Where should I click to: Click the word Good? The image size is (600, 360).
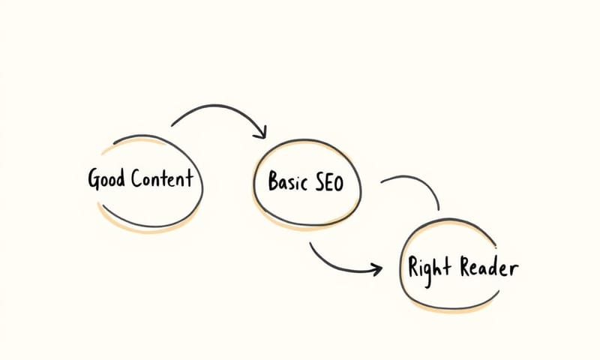point(106,179)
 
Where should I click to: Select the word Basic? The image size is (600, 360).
point(287,182)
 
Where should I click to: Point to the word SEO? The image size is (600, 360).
point(329,182)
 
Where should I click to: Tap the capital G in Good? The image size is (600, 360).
point(94,180)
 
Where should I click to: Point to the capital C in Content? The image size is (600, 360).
point(137,179)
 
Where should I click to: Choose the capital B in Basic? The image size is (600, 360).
point(274,181)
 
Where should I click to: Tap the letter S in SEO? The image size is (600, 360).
point(318,182)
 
